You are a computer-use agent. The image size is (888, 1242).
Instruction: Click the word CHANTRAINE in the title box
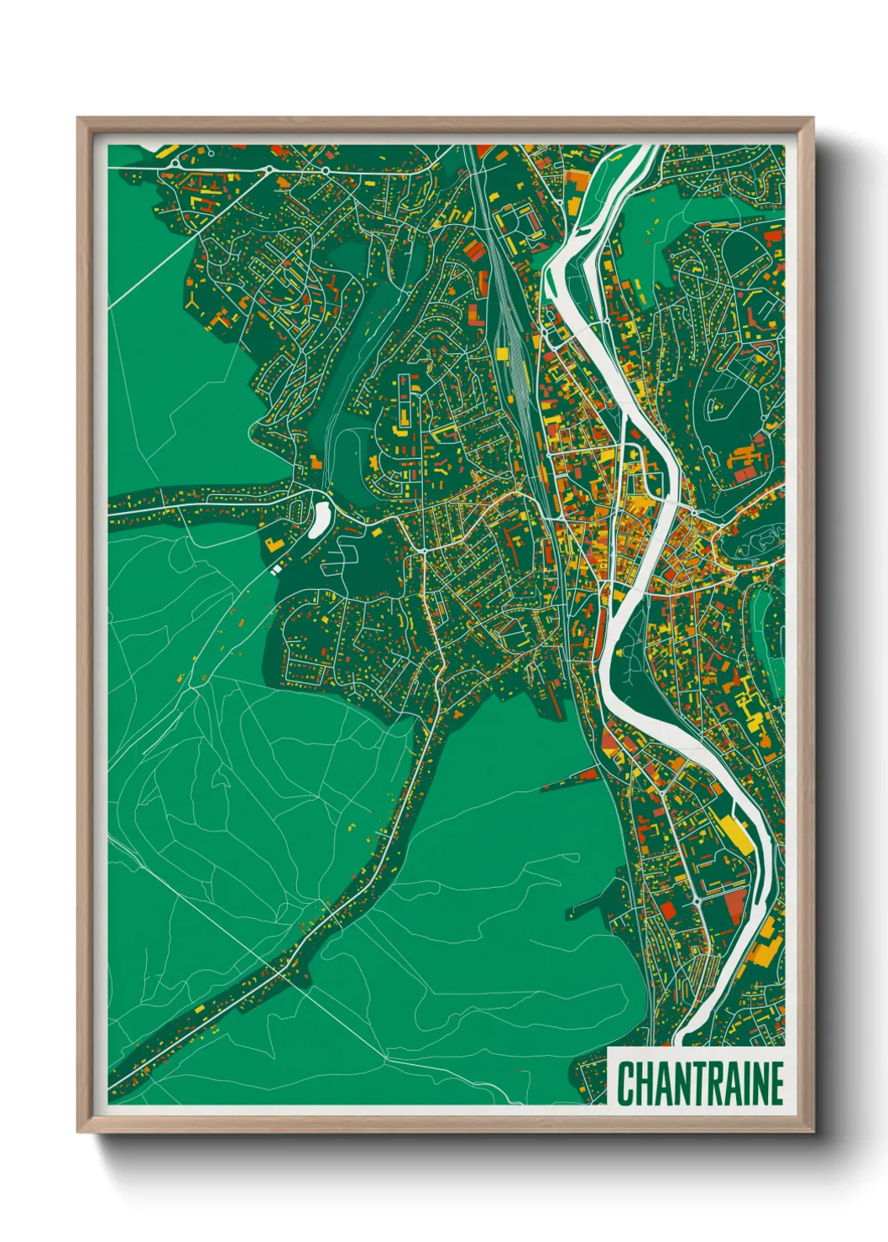[700, 1083]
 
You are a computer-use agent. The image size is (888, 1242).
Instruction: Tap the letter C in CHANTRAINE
[626, 1083]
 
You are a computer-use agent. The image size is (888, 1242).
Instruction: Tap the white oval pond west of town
[320, 519]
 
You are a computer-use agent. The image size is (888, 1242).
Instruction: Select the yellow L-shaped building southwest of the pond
[273, 544]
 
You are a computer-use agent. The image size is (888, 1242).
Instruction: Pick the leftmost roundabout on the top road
[174, 162]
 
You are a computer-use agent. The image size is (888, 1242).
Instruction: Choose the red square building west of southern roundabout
[668, 908]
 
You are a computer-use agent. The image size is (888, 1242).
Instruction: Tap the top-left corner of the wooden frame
[79, 119]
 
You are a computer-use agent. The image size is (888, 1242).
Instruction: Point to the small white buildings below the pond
[276, 570]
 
